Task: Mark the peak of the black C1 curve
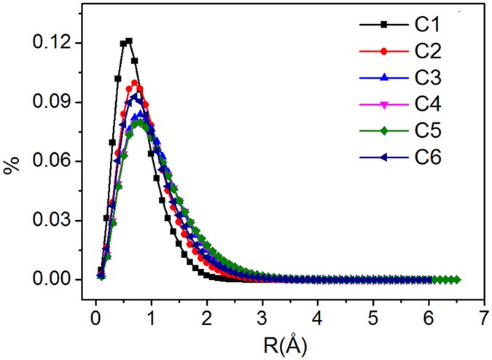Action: pyautogui.click(x=129, y=41)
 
